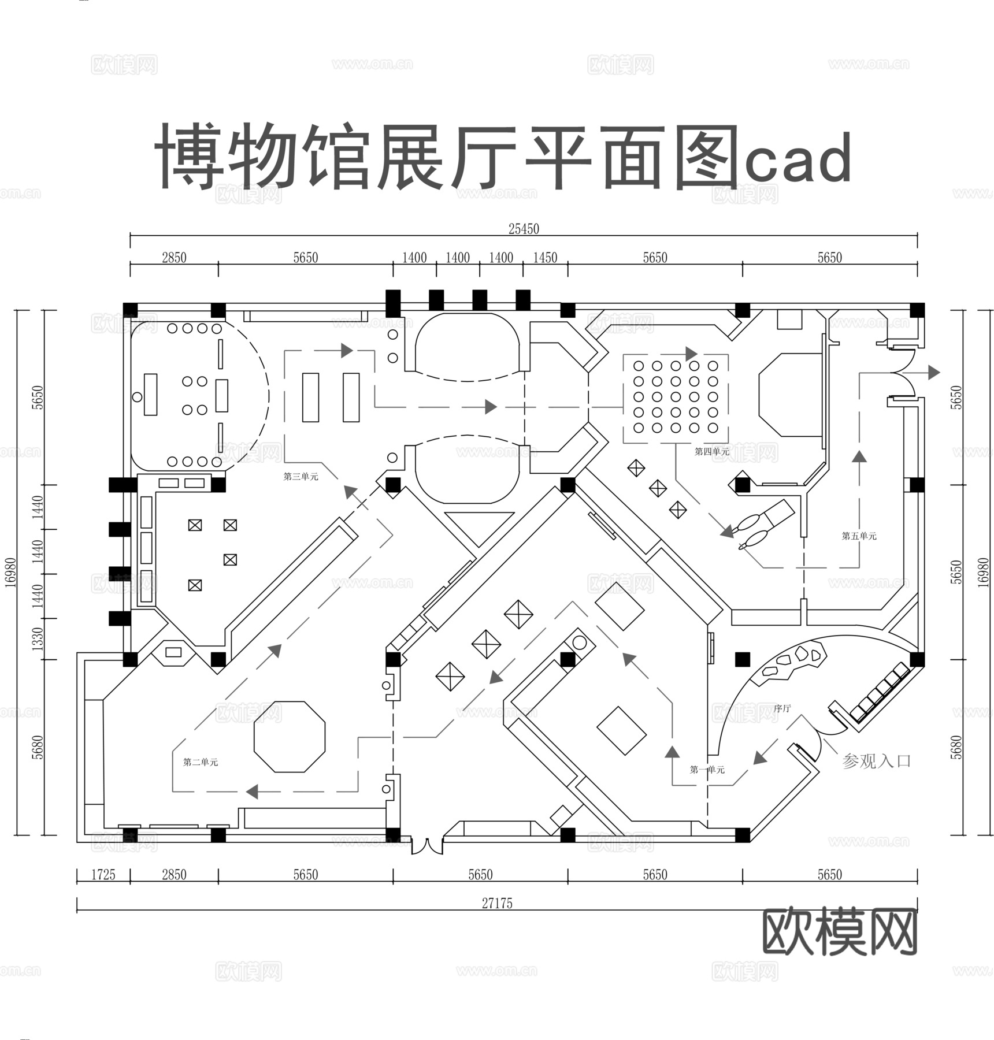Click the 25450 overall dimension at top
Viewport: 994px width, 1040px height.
coord(524,229)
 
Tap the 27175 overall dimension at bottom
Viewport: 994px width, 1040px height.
coord(497,903)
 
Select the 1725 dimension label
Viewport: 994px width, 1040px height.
coord(103,875)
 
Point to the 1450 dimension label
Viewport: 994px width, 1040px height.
coord(545,258)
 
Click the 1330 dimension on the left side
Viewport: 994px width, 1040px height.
coord(38,638)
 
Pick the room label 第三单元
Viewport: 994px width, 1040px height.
coord(301,477)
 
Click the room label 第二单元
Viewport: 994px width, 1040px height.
coord(201,762)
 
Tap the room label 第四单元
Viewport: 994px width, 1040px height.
coord(711,452)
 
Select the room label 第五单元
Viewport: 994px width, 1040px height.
coord(859,536)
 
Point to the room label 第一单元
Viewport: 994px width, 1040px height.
coord(707,770)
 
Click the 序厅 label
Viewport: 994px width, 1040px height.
coord(782,708)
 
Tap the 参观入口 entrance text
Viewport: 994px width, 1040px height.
coord(876,762)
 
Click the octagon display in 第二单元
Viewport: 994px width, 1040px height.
coord(290,737)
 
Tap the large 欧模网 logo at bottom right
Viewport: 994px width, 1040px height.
coord(840,932)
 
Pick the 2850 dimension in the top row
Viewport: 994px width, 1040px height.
coord(174,258)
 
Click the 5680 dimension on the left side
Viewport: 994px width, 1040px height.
coord(38,747)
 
